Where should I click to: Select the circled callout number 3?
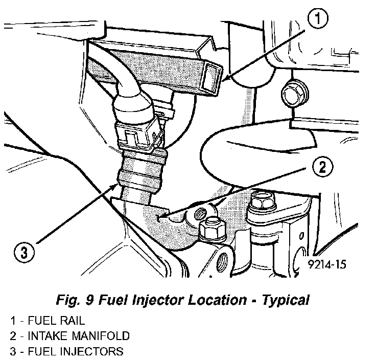[24, 252]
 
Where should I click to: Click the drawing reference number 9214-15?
[327, 265]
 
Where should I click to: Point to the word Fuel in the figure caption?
[129, 299]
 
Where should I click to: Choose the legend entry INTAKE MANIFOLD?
[69, 336]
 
